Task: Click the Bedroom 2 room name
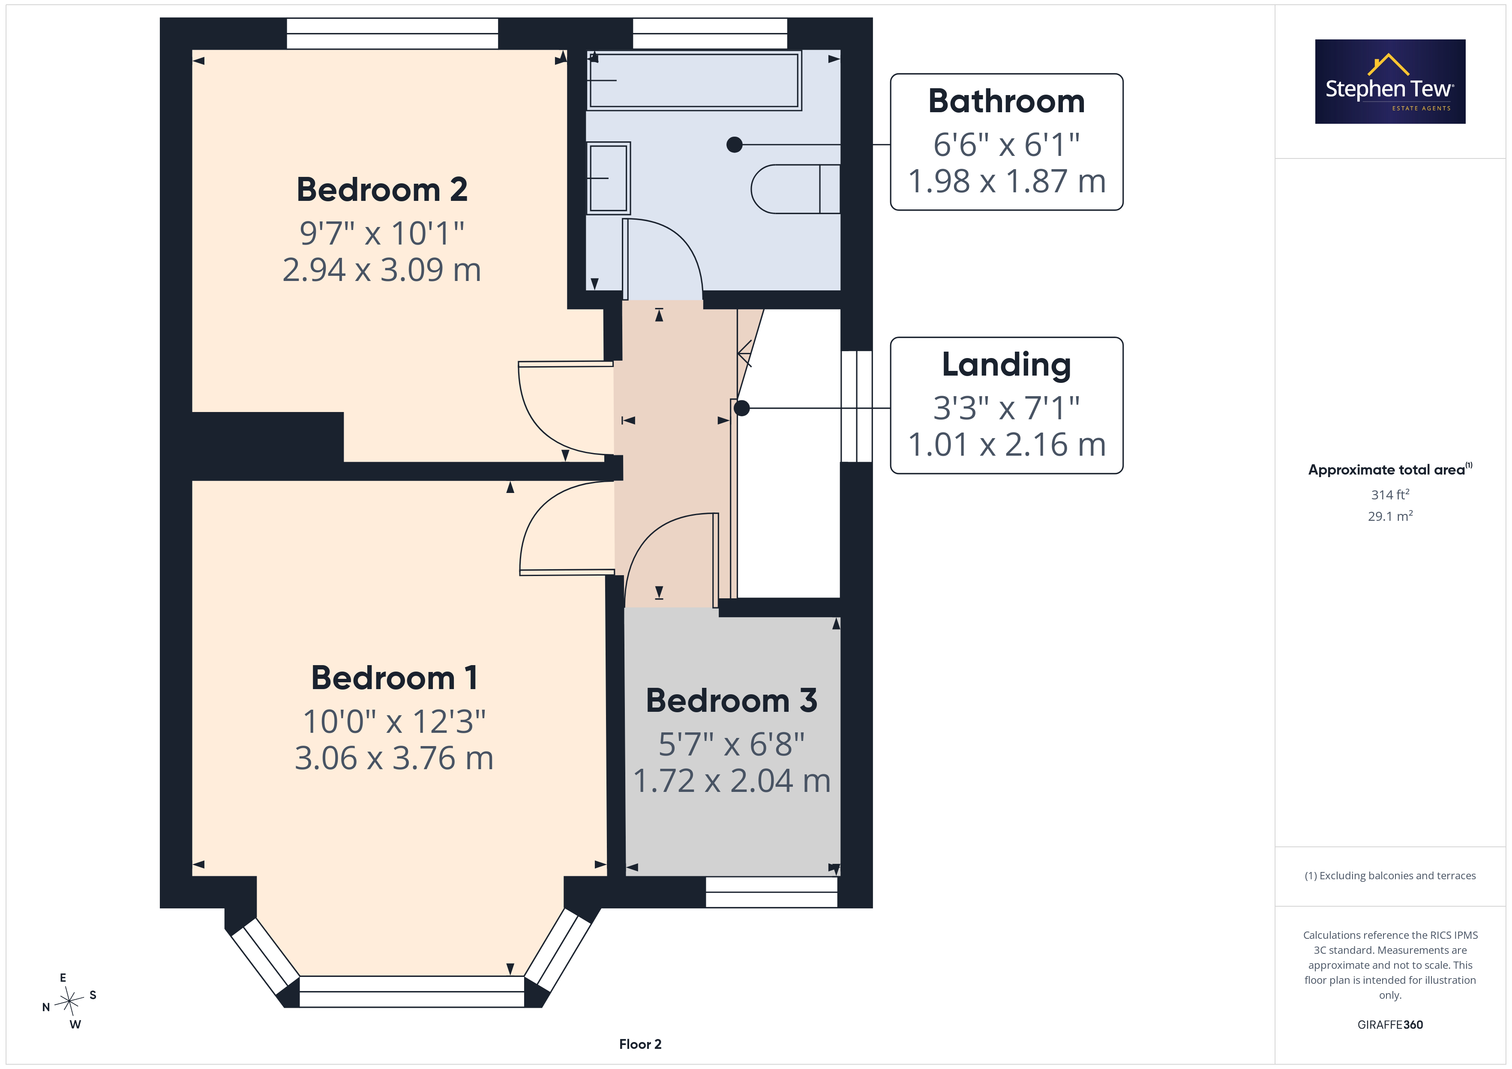coord(382,190)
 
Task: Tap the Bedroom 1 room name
coord(394,678)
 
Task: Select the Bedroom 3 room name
coord(732,700)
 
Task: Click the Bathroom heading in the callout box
coord(1006,102)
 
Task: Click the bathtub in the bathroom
coord(694,81)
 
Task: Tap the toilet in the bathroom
coord(795,189)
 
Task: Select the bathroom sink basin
coord(609,179)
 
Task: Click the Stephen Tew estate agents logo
coord(1390,82)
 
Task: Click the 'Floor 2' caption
coord(640,1044)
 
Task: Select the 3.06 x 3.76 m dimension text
coord(394,758)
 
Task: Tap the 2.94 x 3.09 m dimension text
coord(382,270)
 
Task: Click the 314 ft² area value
coord(1390,494)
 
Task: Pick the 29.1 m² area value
coord(1390,516)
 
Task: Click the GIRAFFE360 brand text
coord(1390,1025)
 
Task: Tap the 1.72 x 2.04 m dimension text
coord(732,781)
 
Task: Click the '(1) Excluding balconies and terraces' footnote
coord(1390,875)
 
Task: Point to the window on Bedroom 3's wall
coord(771,892)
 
